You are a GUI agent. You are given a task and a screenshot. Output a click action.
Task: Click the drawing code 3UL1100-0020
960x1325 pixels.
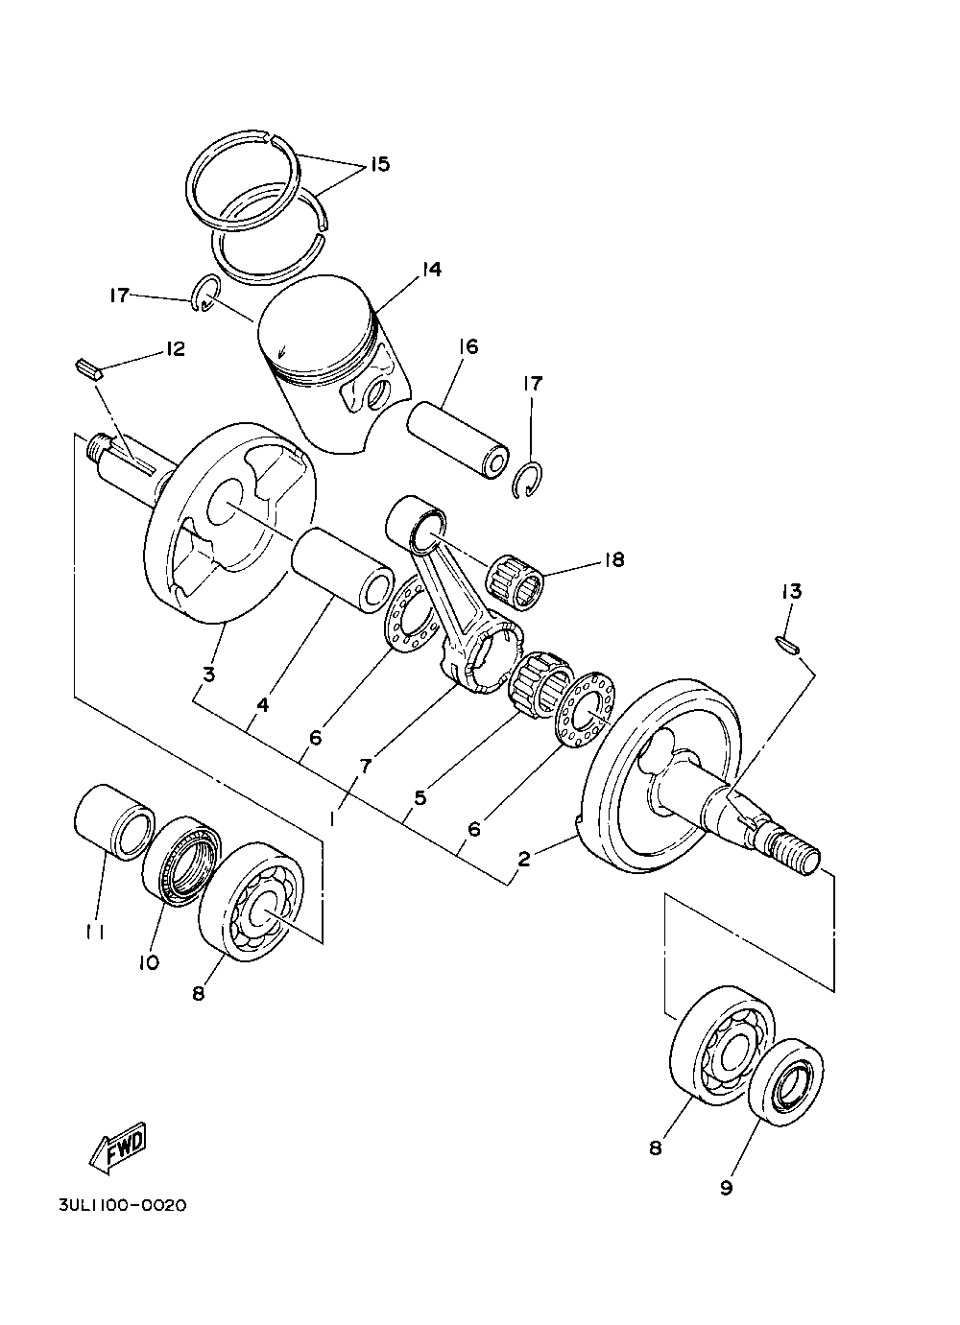point(123,1234)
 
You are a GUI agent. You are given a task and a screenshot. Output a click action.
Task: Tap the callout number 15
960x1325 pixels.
point(380,164)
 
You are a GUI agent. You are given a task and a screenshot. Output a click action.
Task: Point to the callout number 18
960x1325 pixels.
point(614,559)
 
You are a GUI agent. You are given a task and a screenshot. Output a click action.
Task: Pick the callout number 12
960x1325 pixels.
point(174,348)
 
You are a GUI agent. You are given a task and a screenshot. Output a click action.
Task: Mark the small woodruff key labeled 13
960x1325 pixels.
point(787,645)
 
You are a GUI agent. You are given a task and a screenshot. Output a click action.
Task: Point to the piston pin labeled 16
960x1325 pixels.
point(459,439)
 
